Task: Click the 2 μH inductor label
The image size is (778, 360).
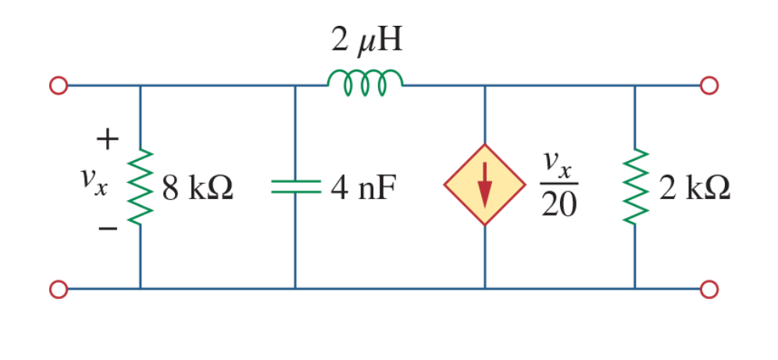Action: pos(366,41)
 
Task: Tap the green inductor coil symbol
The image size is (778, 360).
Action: pos(365,82)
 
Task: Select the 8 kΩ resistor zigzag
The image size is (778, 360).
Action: pos(141,187)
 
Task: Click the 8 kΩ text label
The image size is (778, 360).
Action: pos(198,189)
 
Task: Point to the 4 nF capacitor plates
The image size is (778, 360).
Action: pos(295,187)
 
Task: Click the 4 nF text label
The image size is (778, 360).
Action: pos(364,189)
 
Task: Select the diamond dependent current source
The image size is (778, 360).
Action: pos(485,185)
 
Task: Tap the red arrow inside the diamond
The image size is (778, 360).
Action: pos(485,184)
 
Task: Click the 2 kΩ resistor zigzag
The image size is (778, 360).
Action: pos(636,187)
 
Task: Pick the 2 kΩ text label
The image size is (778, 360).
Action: pos(694,189)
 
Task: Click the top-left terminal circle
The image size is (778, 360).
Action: pos(58,85)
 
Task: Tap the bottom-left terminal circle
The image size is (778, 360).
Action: pos(58,289)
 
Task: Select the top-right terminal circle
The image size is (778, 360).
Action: pos(709,85)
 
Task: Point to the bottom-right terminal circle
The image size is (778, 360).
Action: pos(709,289)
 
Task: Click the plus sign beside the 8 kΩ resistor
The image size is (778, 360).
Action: pos(108,140)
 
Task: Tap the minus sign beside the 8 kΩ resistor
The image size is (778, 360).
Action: pos(108,229)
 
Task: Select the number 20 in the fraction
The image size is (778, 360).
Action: pos(559,205)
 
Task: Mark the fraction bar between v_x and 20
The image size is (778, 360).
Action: pos(559,184)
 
